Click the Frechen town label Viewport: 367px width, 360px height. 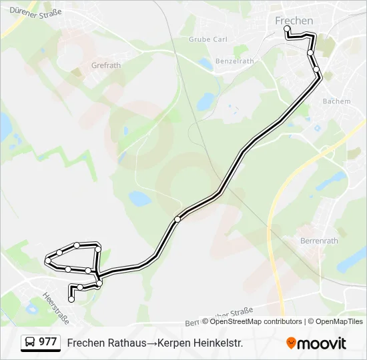[x=294, y=21]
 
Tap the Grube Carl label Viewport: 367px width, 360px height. [x=208, y=39]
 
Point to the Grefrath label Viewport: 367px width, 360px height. [x=105, y=66]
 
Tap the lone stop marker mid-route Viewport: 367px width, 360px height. [x=177, y=219]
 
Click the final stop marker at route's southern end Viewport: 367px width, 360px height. [x=71, y=299]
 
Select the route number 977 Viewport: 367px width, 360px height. [x=48, y=342]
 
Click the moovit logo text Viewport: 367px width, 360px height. [x=322, y=343]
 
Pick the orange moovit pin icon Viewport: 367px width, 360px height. [x=291, y=343]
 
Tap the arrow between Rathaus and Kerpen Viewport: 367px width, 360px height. [x=151, y=343]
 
